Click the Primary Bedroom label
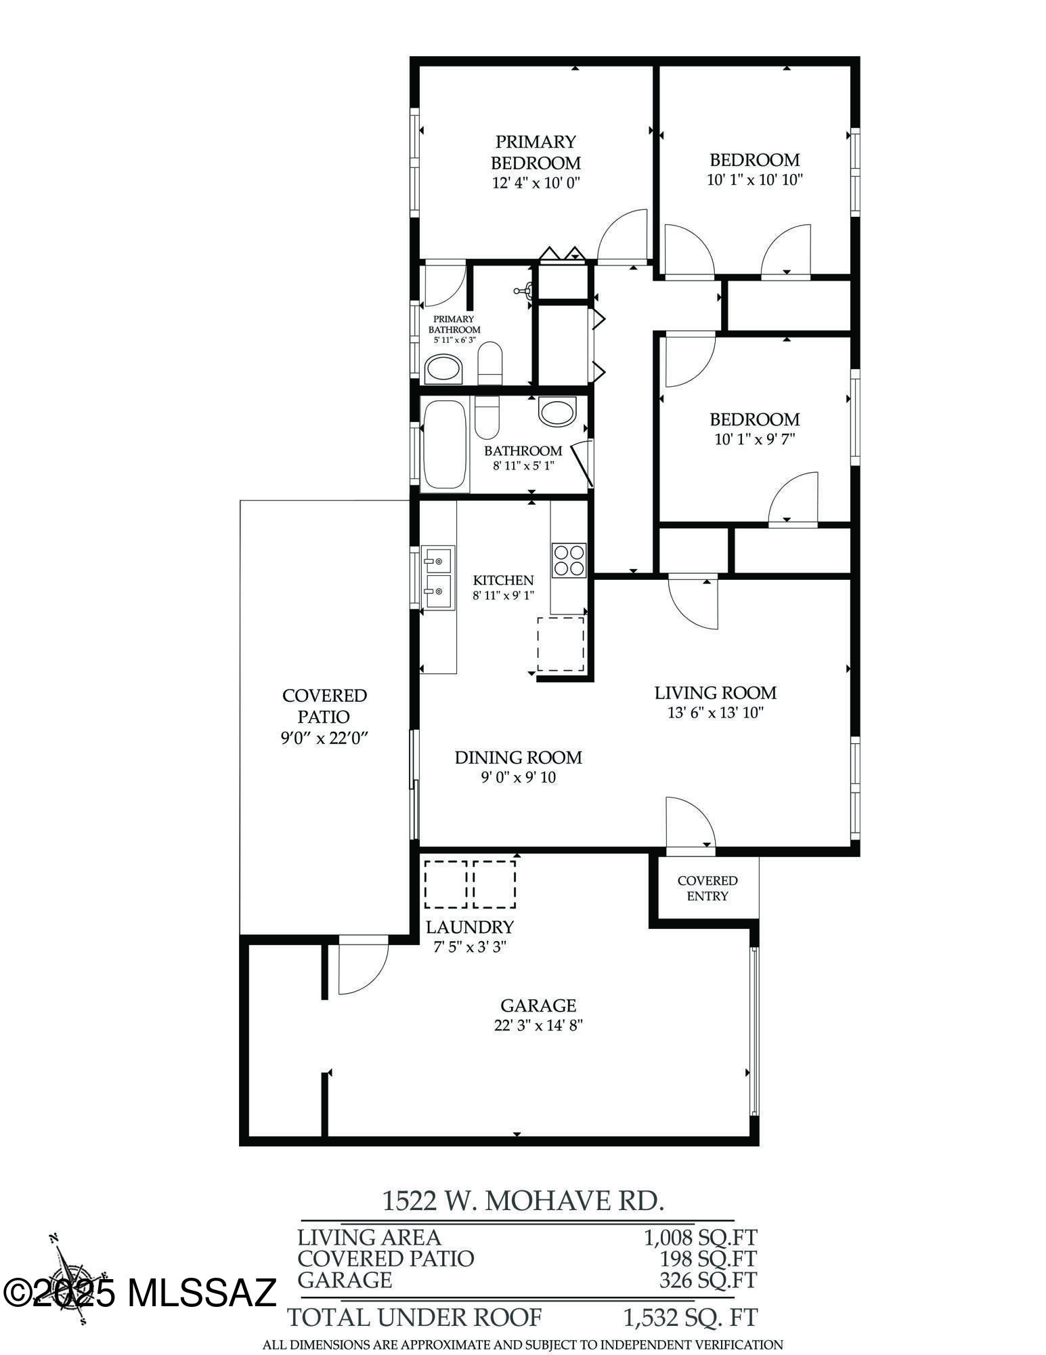536,152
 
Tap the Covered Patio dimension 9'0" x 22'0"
324,738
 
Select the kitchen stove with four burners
569,560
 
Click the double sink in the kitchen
438,579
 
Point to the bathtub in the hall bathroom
445,444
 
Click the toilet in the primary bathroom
489,362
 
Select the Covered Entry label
707,888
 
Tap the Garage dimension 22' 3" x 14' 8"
538,1026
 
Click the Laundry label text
469,927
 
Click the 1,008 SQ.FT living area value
700,1238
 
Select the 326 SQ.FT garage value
707,1280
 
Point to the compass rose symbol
70,1277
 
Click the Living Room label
715,692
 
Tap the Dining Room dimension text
518,777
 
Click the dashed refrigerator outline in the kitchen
561,644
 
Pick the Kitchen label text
503,580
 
